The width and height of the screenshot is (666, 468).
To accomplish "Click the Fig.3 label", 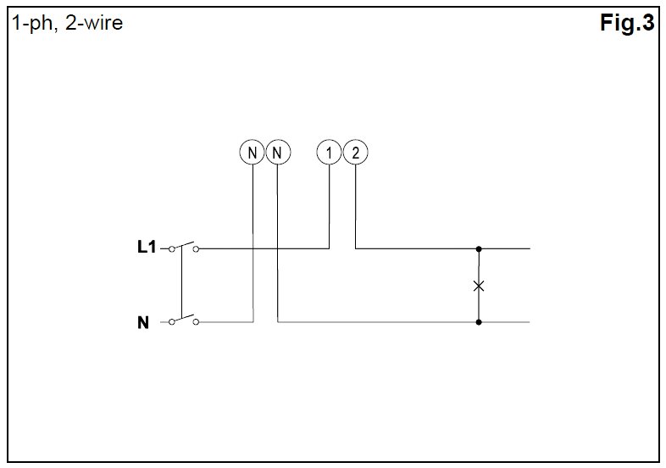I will tap(627, 25).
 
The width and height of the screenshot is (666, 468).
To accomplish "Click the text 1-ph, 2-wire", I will tap(66, 24).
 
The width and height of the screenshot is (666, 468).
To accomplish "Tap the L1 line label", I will tap(147, 248).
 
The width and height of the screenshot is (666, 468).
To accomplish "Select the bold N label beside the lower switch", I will tap(143, 323).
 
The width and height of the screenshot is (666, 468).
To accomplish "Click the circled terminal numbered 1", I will tap(329, 153).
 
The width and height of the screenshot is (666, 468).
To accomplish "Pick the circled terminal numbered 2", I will tap(356, 153).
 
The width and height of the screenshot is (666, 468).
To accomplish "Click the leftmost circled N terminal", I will tap(252, 153).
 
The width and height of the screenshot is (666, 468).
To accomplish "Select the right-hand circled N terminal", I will tap(278, 153).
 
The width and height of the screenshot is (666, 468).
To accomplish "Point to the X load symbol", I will tap(479, 286).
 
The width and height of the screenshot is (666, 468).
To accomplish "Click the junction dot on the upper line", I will tap(479, 249).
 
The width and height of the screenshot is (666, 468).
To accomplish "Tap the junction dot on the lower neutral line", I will tap(479, 322).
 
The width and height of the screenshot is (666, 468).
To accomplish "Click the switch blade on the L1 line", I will tap(185, 245).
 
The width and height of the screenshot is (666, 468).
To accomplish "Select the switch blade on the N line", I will tap(185, 319).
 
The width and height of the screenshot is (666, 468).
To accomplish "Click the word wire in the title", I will tap(104, 24).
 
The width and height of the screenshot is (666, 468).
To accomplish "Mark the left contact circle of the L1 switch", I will tap(173, 249).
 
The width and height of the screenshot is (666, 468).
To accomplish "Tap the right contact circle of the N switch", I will tap(197, 322).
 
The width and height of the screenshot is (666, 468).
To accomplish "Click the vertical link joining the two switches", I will tap(182, 284).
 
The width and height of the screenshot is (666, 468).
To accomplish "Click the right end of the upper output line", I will tap(528, 249).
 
